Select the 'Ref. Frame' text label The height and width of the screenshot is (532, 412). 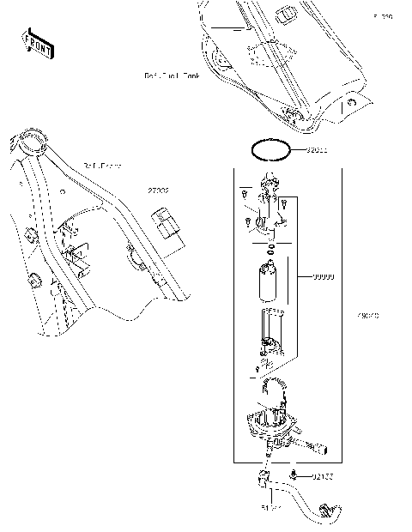coord(102,165)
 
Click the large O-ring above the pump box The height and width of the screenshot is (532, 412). coord(271,151)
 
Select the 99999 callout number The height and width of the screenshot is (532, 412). coord(323,277)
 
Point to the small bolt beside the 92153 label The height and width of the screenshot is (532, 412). coord(294,474)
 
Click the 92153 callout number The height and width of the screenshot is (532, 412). coord(322,475)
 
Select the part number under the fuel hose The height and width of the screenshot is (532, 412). coord(271,508)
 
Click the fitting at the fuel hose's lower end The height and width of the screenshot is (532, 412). coord(327,513)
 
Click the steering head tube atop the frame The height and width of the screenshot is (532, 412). coord(33,137)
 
